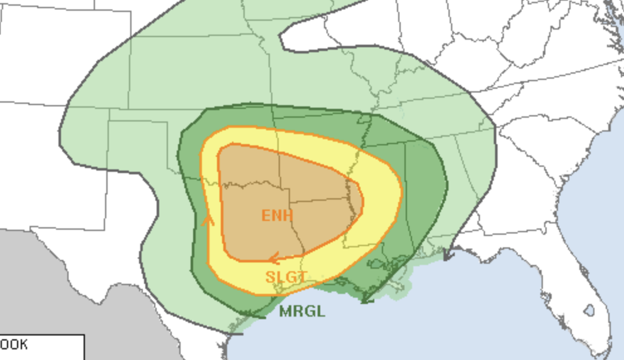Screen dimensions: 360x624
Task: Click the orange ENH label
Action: click(x=277, y=215)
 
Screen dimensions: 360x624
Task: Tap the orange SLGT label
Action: click(x=286, y=277)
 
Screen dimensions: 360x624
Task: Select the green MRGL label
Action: click(x=302, y=311)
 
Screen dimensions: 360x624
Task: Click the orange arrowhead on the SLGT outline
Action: click(x=207, y=220)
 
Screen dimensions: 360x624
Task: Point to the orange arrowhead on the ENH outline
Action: click(x=274, y=258)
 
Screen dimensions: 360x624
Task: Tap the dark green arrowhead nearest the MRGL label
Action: click(x=251, y=313)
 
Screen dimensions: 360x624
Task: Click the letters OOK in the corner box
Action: click(x=14, y=345)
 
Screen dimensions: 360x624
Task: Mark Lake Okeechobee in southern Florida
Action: click(x=589, y=310)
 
